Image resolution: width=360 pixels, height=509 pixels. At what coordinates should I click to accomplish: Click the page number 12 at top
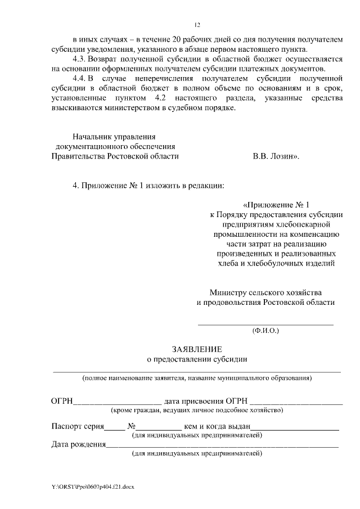click(197, 25)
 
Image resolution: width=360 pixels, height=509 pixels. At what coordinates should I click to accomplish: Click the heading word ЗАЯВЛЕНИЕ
click(197, 349)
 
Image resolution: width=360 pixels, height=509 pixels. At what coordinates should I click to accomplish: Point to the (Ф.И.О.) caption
click(265, 331)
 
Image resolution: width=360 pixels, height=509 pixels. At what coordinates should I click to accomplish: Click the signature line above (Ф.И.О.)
click(265, 324)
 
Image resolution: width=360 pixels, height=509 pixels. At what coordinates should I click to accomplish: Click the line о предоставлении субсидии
click(197, 359)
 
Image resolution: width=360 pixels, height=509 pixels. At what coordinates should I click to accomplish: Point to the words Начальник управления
click(114, 137)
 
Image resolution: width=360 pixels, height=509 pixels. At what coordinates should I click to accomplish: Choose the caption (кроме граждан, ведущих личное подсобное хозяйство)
click(196, 411)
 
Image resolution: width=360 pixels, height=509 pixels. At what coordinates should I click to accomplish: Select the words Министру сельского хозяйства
click(265, 292)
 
